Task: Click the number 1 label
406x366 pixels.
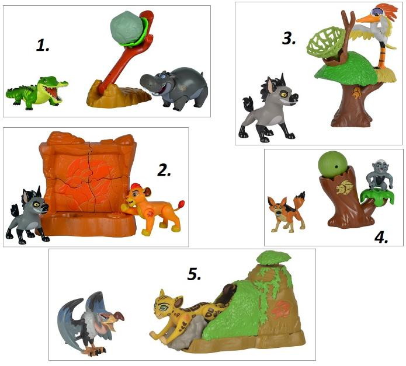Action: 43,46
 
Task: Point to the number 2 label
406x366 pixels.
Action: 164,170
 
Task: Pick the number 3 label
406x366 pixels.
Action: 289,39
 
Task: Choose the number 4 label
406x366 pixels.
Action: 381,237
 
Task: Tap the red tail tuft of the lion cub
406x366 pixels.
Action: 181,204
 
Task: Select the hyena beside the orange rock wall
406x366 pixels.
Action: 27,215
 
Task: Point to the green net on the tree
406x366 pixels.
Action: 325,43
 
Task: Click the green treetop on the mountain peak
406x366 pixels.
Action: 274,257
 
